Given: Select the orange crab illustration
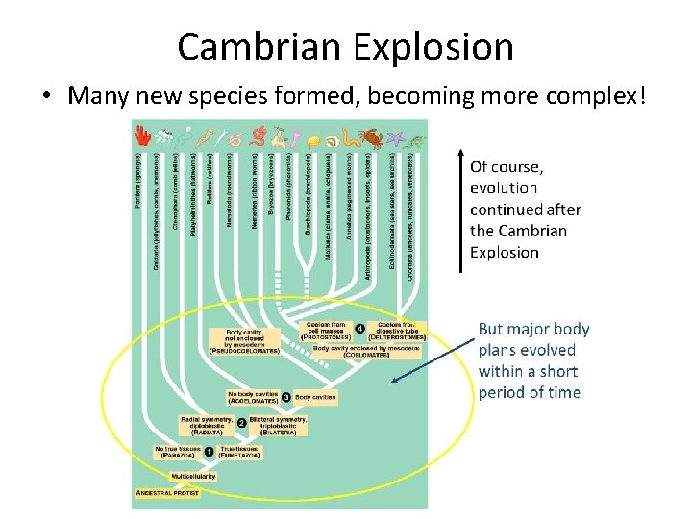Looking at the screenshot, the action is click(371, 138).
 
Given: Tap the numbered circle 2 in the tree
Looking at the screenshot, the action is click(240, 423).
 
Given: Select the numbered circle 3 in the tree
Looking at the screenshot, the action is click(285, 396).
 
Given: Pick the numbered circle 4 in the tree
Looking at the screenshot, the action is click(358, 329).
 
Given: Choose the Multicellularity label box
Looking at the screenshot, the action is click(193, 476).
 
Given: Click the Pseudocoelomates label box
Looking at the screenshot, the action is click(244, 341).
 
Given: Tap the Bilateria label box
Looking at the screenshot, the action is click(278, 425).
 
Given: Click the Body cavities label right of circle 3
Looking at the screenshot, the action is click(315, 396).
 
